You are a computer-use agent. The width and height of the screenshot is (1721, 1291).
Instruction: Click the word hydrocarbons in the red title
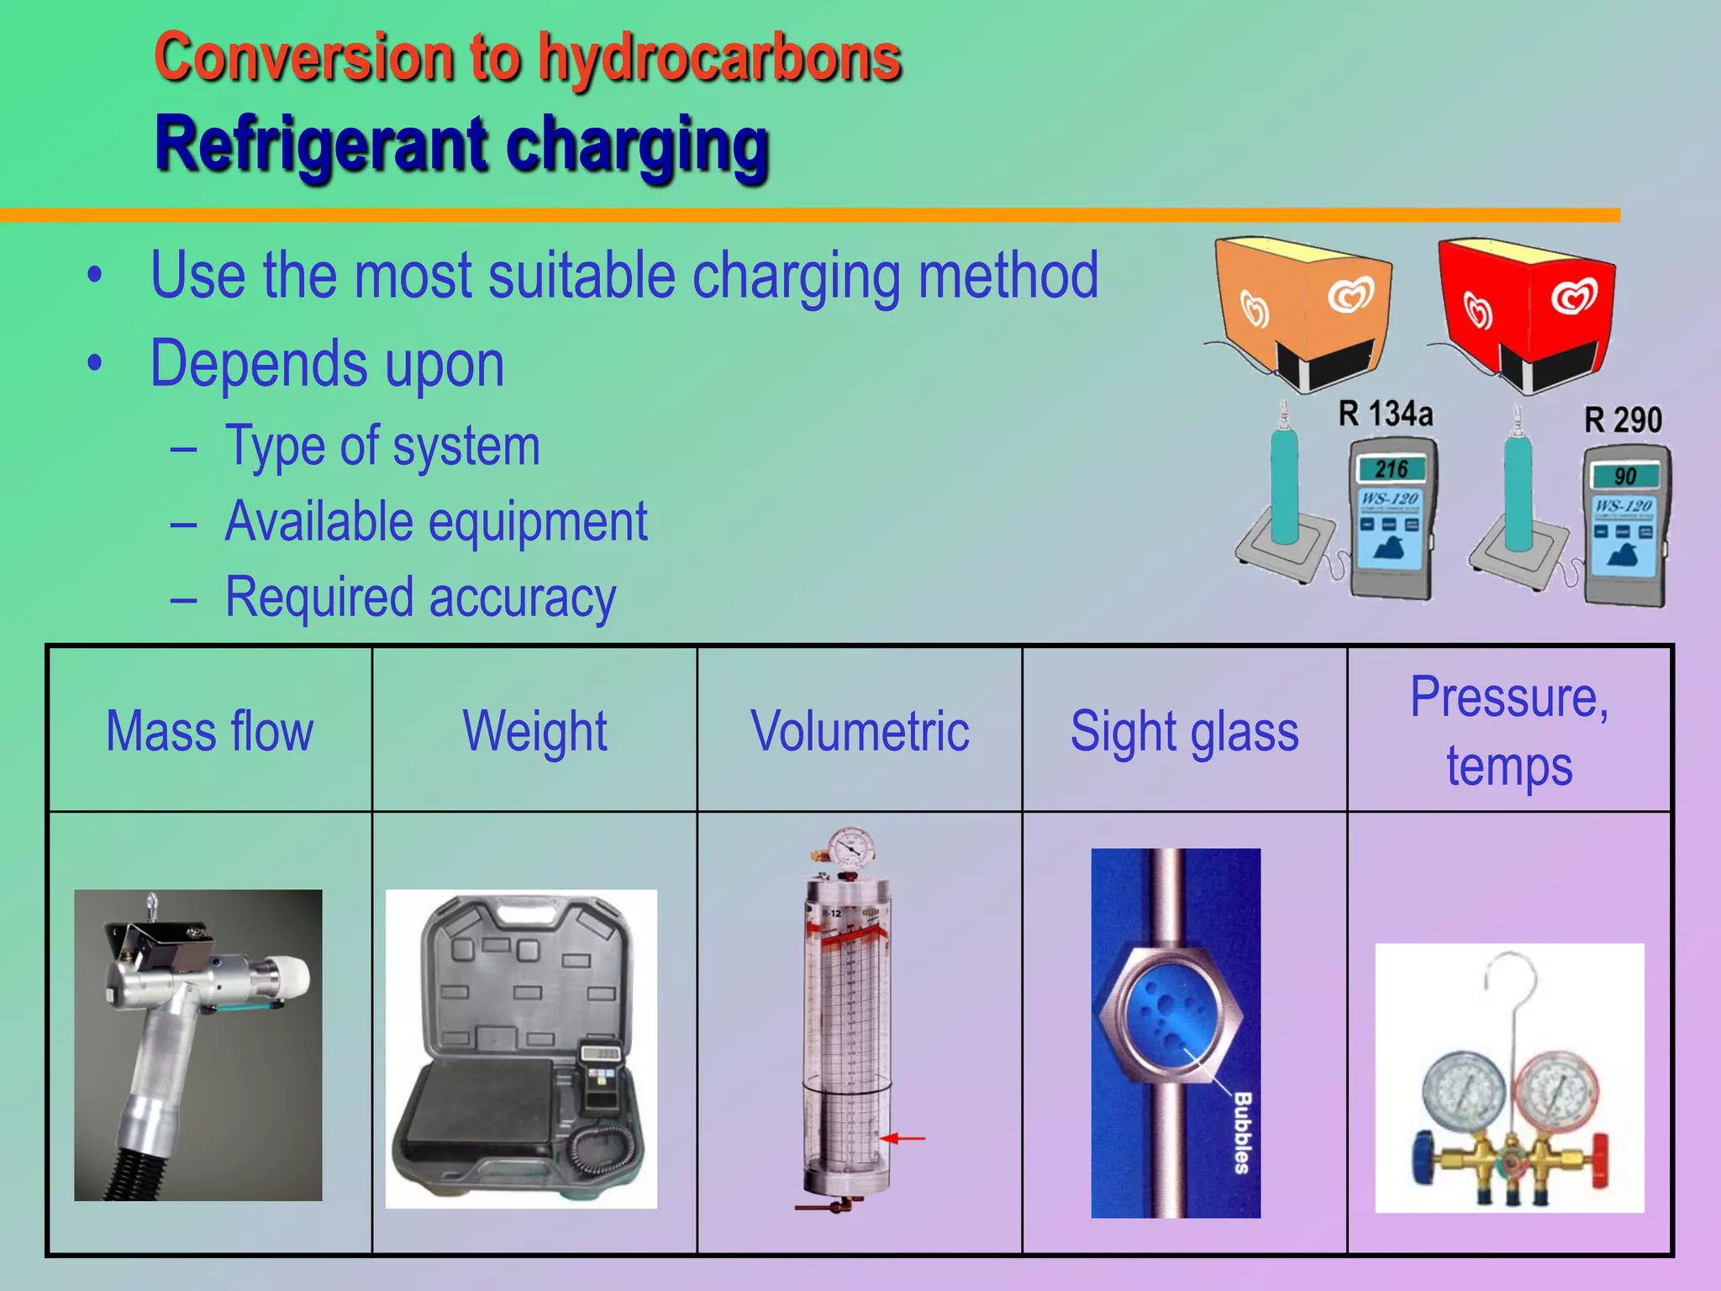(719, 59)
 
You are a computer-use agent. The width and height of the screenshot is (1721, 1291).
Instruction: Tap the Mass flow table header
(210, 731)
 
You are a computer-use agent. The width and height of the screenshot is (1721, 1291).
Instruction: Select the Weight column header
(535, 731)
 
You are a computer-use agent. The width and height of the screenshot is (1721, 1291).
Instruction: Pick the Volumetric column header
(860, 731)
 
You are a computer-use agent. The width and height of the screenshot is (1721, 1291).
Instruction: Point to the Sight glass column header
(1184, 731)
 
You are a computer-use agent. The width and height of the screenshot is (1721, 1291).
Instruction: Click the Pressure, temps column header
(1509, 731)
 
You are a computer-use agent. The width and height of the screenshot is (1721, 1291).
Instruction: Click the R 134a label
(1385, 414)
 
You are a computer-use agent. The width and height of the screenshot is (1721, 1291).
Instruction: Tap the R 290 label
(1623, 419)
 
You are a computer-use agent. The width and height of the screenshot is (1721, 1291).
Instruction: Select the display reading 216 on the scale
(1392, 469)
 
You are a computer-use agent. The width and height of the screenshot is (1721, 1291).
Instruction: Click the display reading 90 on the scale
(1625, 477)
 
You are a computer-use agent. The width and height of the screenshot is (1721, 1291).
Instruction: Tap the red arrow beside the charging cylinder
(904, 1138)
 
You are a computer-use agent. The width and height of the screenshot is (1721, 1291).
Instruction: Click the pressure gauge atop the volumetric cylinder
(850, 850)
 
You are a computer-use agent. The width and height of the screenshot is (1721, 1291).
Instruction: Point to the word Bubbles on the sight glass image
(1242, 1132)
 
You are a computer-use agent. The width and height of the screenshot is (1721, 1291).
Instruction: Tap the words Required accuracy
(420, 598)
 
